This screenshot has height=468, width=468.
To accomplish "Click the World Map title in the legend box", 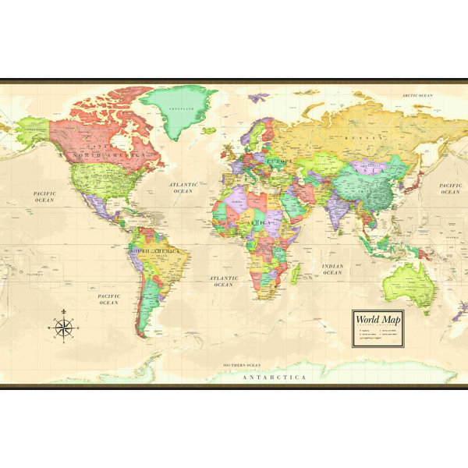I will click(378, 318).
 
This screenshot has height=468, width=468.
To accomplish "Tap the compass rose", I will click(64, 328).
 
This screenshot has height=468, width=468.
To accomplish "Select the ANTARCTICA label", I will click(274, 378).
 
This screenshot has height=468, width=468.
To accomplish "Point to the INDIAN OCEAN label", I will click(332, 270).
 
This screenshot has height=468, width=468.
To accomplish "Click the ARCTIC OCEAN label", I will click(417, 96).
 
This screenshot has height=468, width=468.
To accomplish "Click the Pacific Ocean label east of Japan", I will click(450, 188).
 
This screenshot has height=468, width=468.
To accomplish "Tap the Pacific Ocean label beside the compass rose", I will click(108, 299).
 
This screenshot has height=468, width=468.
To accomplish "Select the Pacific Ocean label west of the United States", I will click(44, 197).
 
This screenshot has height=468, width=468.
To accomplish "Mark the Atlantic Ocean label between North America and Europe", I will click(183, 188).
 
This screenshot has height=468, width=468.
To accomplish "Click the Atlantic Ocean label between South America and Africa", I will click(223, 281).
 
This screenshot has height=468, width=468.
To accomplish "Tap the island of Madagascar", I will click(295, 274).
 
